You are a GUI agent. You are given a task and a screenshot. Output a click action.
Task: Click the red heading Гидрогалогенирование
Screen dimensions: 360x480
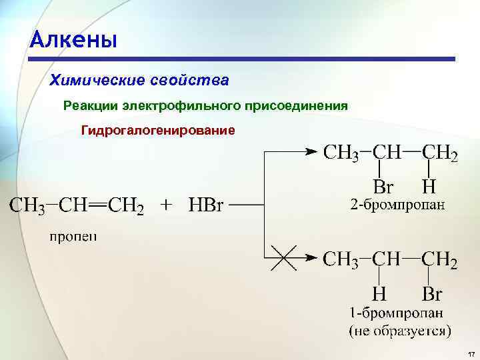pyautogui.click(x=158, y=130)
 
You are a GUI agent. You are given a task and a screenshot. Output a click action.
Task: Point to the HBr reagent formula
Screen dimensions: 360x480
pyautogui.click(x=205, y=205)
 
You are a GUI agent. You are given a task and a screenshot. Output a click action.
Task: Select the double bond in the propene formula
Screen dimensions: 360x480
pyautogui.click(x=97, y=205)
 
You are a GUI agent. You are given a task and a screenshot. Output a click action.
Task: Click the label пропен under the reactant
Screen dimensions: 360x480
pyautogui.click(x=73, y=237)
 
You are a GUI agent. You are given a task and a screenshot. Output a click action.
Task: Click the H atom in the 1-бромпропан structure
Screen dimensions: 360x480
pyautogui.click(x=379, y=293)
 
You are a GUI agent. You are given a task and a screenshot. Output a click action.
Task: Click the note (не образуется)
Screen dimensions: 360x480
pyautogui.click(x=400, y=329)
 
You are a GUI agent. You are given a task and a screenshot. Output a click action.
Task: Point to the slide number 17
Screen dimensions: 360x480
pyautogui.click(x=471, y=352)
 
